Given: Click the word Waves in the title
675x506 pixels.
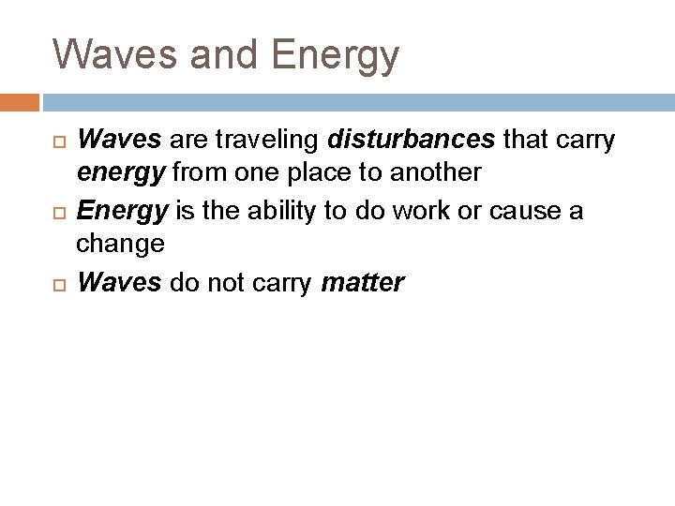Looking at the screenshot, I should pyautogui.click(x=115, y=54).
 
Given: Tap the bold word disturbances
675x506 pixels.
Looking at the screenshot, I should pyautogui.click(x=412, y=140).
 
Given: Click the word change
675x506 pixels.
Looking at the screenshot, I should pyautogui.click(x=120, y=245).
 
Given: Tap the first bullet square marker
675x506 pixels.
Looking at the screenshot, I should pyautogui.click(x=60, y=141).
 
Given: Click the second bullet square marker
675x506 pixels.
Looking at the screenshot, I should pyautogui.click(x=60, y=212).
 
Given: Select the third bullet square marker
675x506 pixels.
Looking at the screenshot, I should pyautogui.click(x=60, y=283).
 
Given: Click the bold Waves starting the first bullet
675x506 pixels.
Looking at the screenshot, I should pyautogui.click(x=119, y=140).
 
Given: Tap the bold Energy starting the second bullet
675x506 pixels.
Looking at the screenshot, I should pyautogui.click(x=121, y=211).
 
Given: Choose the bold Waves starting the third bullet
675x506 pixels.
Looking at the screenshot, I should pyautogui.click(x=119, y=282).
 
